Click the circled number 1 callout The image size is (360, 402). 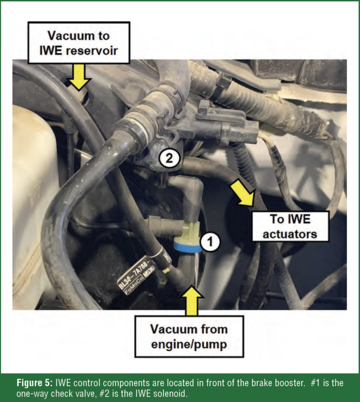click(210, 242)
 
